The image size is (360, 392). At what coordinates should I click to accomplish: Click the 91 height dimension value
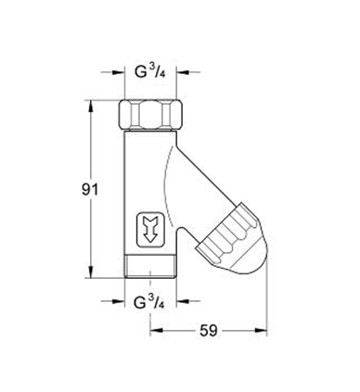(x=90, y=189)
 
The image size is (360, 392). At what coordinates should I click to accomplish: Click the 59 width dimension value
(x=209, y=331)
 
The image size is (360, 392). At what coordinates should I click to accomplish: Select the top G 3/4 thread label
(x=149, y=72)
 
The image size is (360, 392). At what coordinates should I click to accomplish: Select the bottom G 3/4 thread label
(x=148, y=301)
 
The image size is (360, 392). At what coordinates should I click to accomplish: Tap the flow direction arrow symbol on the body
(x=150, y=230)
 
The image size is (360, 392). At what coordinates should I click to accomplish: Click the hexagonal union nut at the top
(x=150, y=115)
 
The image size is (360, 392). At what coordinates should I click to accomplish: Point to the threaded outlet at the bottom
(x=150, y=267)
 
